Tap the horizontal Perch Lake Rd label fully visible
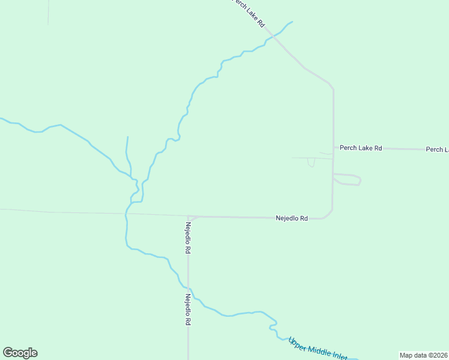[x=361, y=148]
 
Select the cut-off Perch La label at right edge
[x=437, y=149]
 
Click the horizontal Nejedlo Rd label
[x=292, y=218]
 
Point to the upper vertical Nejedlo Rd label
[x=188, y=238]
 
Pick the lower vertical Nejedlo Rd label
[x=188, y=309]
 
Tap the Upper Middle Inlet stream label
[x=318, y=349]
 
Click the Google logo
[x=20, y=353]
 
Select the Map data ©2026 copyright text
[x=424, y=355]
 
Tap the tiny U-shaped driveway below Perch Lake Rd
[x=311, y=163]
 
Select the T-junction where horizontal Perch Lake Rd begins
[x=333, y=148]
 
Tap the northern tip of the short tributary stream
[x=127, y=137]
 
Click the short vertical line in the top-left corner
[x=48, y=12]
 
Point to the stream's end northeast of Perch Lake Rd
[x=292, y=22]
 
